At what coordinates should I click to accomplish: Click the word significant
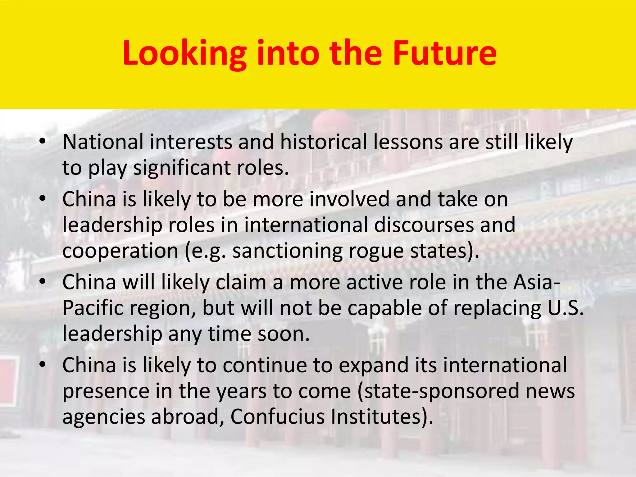coord(182,168)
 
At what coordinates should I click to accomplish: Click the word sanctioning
coord(287,251)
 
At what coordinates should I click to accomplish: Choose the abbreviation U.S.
coord(565,308)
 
